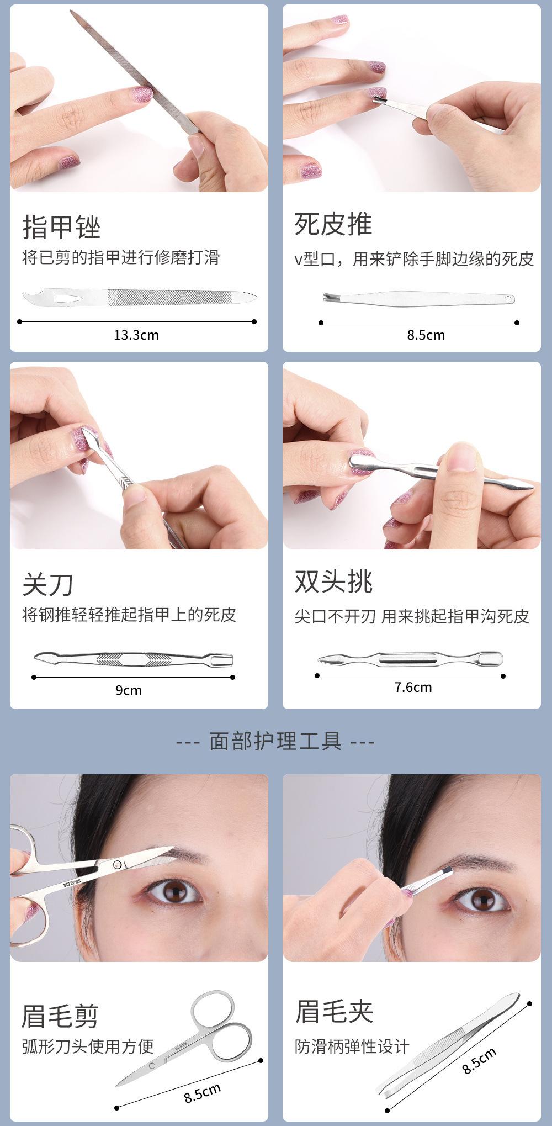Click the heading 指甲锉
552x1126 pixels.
pos(61,226)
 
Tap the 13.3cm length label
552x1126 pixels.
pos(136,335)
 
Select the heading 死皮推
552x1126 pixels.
pos(333,224)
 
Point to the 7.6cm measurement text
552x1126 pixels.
pos(413,687)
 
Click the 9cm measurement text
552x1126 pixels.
pos(129,690)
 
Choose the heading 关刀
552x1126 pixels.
pos(48,584)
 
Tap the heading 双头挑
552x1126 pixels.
pos(333,581)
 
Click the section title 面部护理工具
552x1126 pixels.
pos(275,741)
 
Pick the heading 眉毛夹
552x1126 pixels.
pos(334,1011)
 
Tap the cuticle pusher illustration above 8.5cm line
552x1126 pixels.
pos(419,298)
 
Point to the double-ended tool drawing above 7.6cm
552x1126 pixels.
pos(410,659)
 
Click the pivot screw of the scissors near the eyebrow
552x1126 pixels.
pos(117,864)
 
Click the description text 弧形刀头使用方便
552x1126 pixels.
pos(88,1046)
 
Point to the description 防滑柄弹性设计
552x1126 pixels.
pos(352,1046)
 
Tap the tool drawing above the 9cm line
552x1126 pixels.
pos(133,659)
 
